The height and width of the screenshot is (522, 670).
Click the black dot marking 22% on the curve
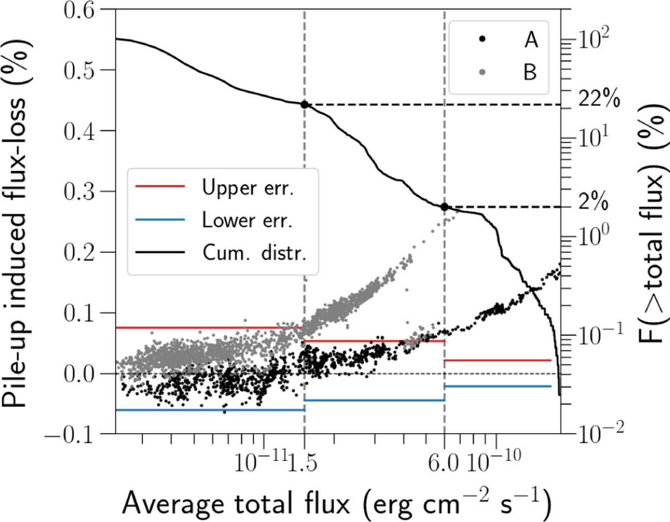(304, 105)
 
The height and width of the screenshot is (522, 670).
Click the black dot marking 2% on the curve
(444, 207)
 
